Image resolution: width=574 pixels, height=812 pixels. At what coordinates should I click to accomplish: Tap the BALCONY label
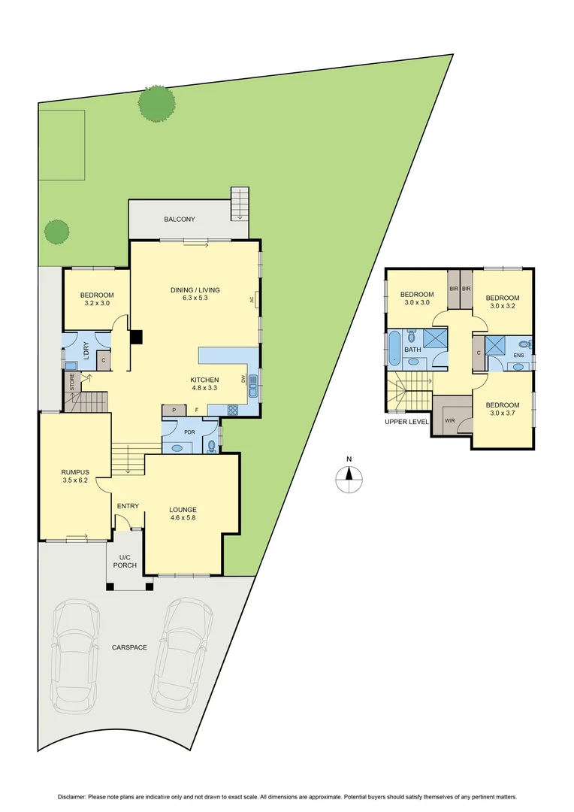tap(180, 220)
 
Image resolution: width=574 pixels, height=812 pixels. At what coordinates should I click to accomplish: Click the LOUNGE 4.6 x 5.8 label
tap(183, 513)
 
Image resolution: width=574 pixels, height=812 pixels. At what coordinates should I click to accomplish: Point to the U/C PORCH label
tap(125, 560)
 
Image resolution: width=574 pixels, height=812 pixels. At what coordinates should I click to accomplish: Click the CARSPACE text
tap(129, 647)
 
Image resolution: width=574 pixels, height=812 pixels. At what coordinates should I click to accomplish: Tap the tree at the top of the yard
tap(157, 104)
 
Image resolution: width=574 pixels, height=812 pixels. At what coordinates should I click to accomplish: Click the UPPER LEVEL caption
tap(406, 422)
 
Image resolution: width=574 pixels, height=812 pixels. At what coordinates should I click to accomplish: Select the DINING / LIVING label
tap(195, 292)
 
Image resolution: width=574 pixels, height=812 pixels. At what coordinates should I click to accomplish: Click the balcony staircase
tap(240, 202)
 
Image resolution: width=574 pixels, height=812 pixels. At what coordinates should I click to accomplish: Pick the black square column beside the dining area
tap(136, 338)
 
